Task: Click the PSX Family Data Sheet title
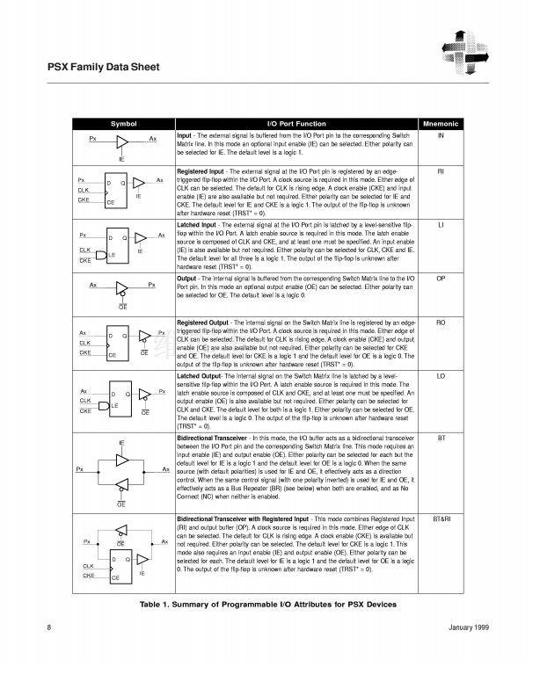click(x=102, y=67)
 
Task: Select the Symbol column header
click(x=122, y=124)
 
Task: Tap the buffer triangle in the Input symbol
click(x=122, y=141)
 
